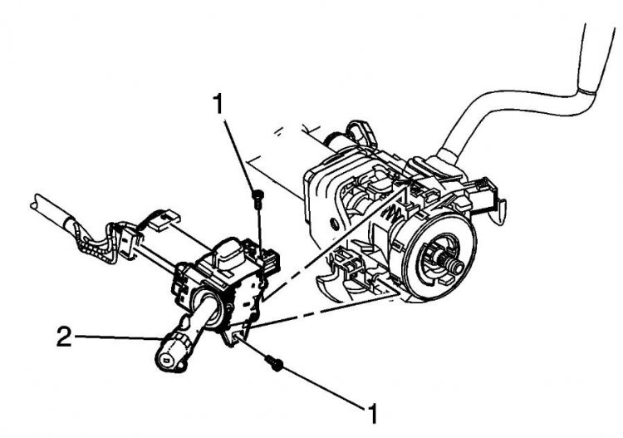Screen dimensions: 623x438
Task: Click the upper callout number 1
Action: point(218,103)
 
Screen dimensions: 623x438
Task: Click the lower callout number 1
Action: point(371,413)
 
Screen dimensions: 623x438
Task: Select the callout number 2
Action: point(64,337)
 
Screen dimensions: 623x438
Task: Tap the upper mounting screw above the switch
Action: point(258,197)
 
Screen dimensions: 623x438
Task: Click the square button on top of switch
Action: point(228,253)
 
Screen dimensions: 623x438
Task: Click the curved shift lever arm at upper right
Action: point(517,100)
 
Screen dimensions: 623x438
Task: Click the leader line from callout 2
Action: point(119,337)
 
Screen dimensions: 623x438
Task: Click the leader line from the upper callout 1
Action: point(239,155)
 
